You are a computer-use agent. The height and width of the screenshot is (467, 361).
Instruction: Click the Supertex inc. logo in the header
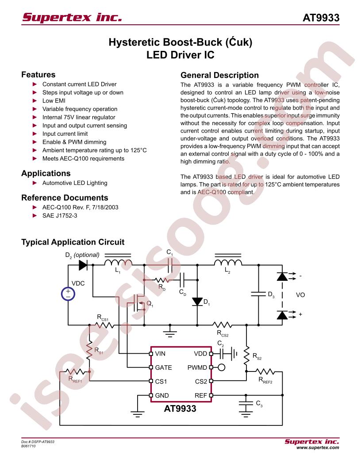(x=72, y=17)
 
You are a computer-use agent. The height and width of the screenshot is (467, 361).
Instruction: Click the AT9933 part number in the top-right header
(x=321, y=18)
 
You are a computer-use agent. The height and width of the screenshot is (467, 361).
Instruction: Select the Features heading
(x=38, y=74)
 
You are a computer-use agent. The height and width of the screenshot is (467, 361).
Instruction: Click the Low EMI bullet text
(x=54, y=101)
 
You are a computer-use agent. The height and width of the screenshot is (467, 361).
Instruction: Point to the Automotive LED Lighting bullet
(x=75, y=183)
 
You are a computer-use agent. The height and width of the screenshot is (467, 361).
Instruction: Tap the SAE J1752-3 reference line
(x=60, y=215)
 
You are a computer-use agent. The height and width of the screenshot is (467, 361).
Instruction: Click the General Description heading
(x=219, y=75)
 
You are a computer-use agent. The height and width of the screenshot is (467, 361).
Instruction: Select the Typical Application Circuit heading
(x=73, y=242)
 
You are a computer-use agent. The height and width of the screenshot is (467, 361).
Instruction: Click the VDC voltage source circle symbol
(x=68, y=294)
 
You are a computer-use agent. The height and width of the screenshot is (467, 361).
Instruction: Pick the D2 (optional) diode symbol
(x=83, y=265)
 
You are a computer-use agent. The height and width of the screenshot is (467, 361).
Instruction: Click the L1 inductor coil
(x=118, y=262)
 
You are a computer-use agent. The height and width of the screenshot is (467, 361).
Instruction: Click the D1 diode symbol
(x=197, y=302)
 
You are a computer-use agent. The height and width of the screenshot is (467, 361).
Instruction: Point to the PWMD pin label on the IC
(x=197, y=367)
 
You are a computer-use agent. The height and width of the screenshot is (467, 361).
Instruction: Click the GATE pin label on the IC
(x=164, y=367)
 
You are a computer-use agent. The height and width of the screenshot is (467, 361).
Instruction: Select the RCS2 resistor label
(x=223, y=333)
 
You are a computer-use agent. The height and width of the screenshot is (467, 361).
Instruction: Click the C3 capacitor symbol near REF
(x=246, y=405)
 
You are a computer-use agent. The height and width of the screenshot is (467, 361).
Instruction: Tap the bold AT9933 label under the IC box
(x=180, y=408)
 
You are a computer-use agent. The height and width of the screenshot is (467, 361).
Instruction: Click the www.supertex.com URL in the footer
(x=318, y=448)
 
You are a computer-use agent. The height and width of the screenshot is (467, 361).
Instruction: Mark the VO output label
(x=300, y=295)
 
